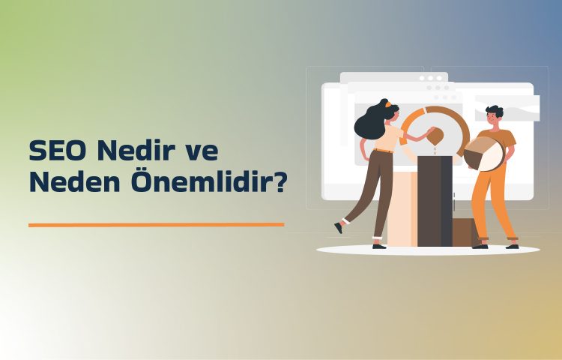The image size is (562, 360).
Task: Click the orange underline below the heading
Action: (x=156, y=223)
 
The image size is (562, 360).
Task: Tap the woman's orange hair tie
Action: (x=387, y=106)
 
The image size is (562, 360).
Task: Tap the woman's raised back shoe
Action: (x=339, y=227)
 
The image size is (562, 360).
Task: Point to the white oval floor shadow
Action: (x=427, y=250)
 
